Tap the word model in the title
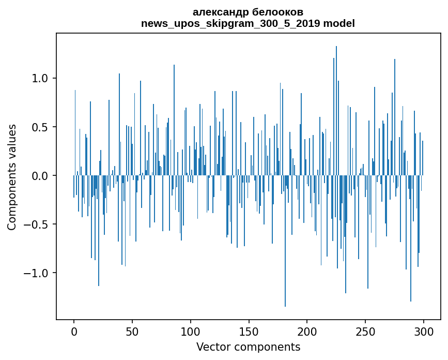342,23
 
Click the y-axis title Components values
11,176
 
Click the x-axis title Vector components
248,347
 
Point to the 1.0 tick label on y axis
41,79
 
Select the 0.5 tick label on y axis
41,127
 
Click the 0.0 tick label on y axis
41,176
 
